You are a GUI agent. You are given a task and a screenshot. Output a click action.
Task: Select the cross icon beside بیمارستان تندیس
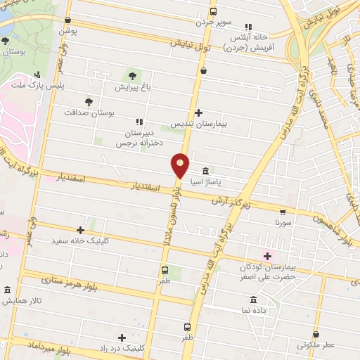click(x=199, y=112)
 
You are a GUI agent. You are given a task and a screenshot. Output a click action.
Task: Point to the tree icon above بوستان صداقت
click(x=88, y=101)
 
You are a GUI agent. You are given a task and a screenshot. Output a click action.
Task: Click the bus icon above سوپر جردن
click(x=214, y=11)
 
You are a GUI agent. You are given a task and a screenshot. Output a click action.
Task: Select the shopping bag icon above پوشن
click(x=67, y=20)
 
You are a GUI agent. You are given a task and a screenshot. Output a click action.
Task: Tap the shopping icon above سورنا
click(x=283, y=211)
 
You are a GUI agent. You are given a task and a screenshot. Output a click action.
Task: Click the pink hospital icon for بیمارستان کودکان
click(x=266, y=255)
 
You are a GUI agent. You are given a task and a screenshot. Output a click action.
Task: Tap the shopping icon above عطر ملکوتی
click(x=316, y=334)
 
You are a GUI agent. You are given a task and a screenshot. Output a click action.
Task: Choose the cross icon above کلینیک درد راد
click(x=122, y=337)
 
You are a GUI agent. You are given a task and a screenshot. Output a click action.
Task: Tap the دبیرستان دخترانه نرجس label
click(x=145, y=137)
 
